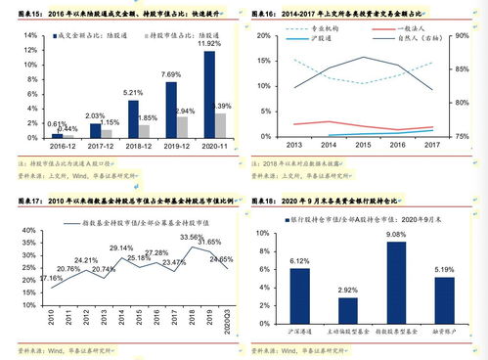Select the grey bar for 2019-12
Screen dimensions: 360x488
[x=182, y=125]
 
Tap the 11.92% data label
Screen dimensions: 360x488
[x=209, y=44]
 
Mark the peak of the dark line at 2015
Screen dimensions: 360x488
[x=362, y=57]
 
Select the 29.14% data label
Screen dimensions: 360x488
[x=120, y=248]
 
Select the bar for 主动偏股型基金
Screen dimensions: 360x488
[x=348, y=314]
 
